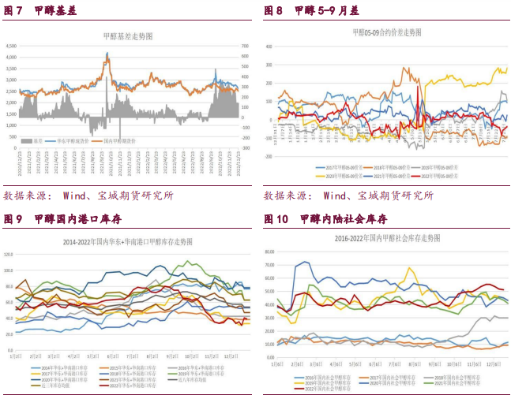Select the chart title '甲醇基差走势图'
(x=127, y=36)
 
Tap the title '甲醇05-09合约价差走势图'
(x=386, y=32)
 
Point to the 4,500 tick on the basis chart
(x=11, y=47)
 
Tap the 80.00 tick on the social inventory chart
(x=269, y=252)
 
